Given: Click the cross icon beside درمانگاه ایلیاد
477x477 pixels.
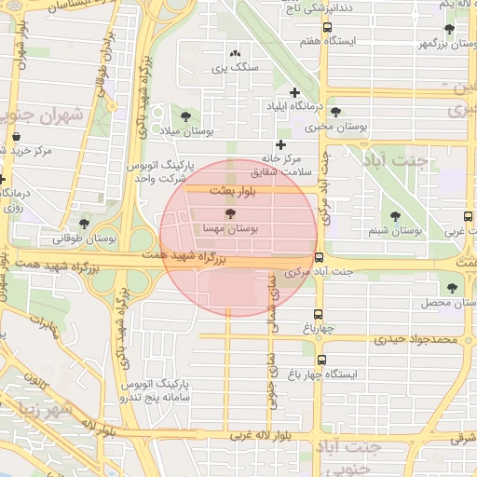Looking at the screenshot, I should (295, 92).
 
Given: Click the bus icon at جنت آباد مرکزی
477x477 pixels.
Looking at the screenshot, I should (320, 258).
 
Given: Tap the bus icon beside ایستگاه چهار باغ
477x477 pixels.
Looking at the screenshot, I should (322, 361).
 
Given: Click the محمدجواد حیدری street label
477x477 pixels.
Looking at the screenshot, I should (416, 340).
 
